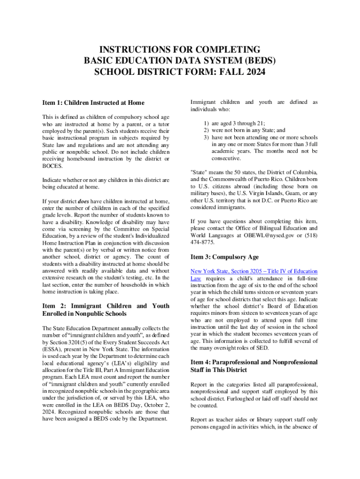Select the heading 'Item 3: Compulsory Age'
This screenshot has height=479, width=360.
pyautogui.click(x=224, y=257)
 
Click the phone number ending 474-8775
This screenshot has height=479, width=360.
pyautogui.click(x=202, y=243)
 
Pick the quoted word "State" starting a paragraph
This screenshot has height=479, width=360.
pyautogui.click(x=200, y=172)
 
